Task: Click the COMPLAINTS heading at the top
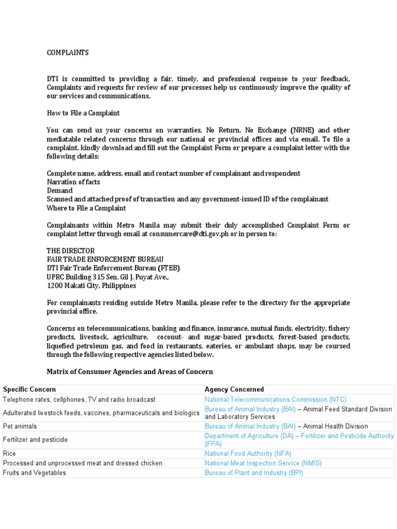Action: (x=68, y=53)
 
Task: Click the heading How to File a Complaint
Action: (x=83, y=113)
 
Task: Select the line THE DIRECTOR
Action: (x=71, y=251)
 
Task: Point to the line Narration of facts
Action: (x=73, y=182)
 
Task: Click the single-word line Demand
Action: (x=60, y=191)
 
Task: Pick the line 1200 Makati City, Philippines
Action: (x=91, y=285)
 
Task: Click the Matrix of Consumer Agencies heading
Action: (x=130, y=371)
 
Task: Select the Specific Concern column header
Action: (x=29, y=389)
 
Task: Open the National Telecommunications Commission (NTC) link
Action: (x=276, y=399)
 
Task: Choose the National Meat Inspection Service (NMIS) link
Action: (x=263, y=463)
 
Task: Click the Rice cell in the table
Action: (x=10, y=453)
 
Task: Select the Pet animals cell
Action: (x=20, y=426)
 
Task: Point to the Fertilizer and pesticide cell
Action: (x=35, y=440)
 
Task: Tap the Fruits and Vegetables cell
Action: (x=35, y=473)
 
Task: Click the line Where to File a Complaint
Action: (x=86, y=208)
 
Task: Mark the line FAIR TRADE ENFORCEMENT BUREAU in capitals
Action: (x=105, y=259)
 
